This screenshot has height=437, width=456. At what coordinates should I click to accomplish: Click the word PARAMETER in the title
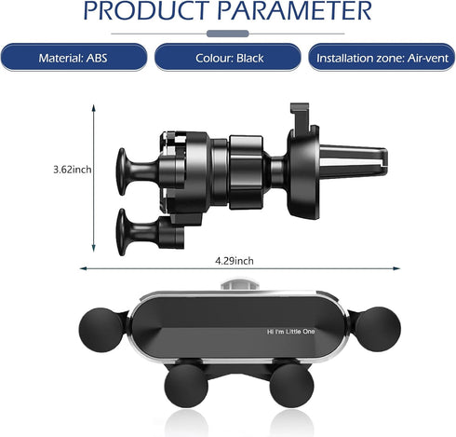coord(294,10)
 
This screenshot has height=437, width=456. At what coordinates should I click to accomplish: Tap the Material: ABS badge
coord(74,58)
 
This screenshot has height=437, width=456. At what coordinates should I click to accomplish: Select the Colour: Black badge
coord(228,58)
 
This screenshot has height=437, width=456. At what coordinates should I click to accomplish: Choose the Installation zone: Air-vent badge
coord(382,58)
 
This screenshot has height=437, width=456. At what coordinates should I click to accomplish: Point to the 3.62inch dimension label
coord(73,170)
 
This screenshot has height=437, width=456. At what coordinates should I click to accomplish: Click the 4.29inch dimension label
coord(235,261)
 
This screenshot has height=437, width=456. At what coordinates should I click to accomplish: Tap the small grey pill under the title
coord(228,34)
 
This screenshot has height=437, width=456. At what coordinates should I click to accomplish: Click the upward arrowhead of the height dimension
coord(93,108)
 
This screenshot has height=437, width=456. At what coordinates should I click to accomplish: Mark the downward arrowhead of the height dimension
coord(93,248)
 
